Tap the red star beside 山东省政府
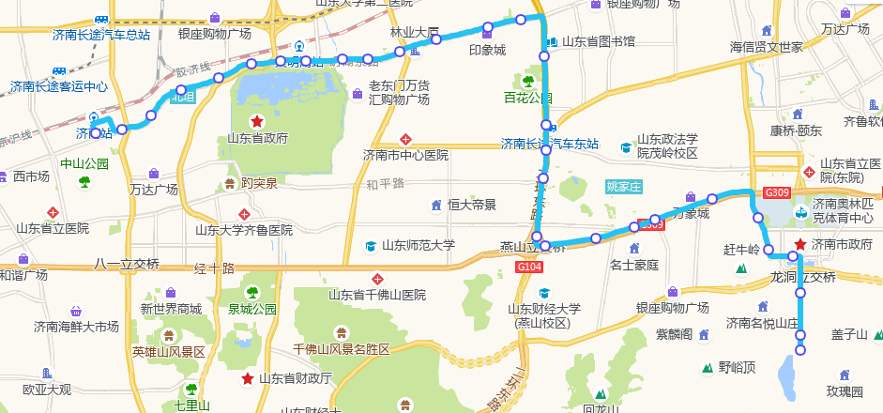click(x=256, y=122)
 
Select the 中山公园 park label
click(x=84, y=163)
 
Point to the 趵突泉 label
click(x=259, y=183)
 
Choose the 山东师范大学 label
click(x=418, y=246)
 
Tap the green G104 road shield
click(x=529, y=268)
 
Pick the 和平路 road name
click(x=385, y=183)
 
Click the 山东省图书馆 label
click(x=598, y=41)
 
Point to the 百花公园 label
click(x=527, y=98)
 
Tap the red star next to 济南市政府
click(x=799, y=245)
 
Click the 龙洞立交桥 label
click(x=802, y=277)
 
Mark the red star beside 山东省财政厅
click(x=247, y=378)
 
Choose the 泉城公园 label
click(x=252, y=308)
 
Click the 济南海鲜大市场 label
click(x=76, y=327)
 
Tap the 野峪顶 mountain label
click(x=737, y=367)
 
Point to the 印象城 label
click(x=487, y=50)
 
